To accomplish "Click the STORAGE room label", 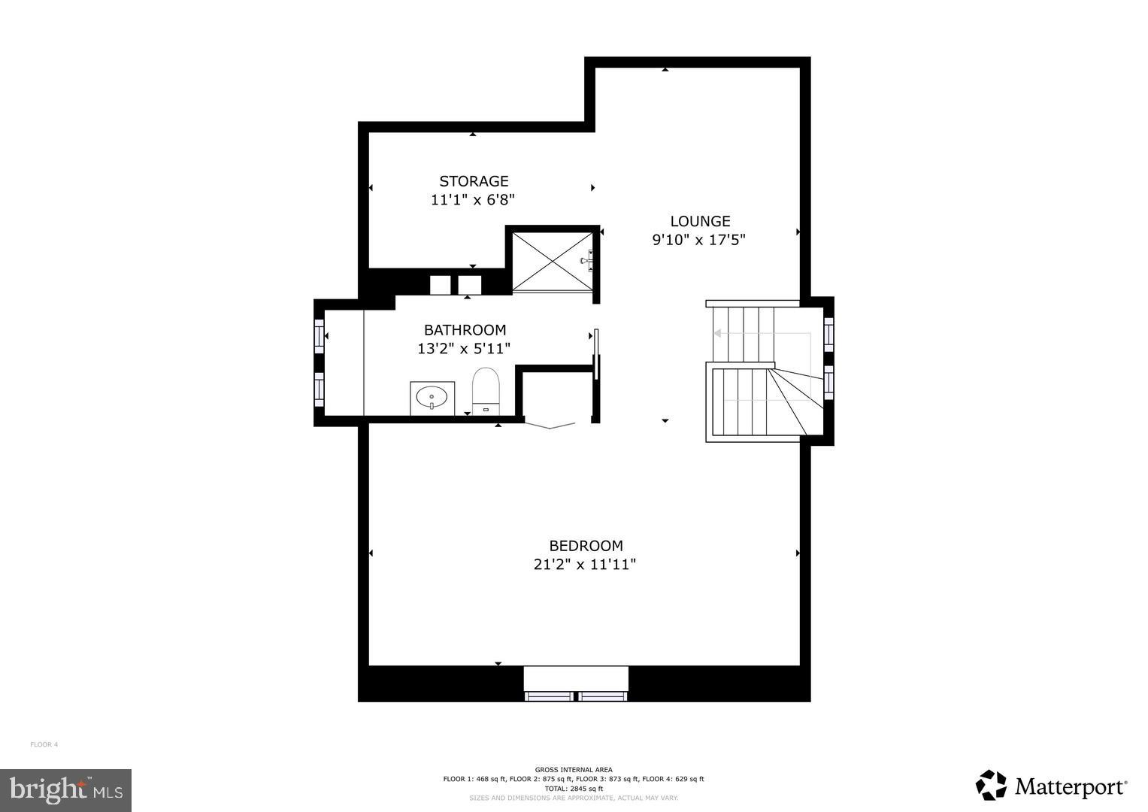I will (474, 181).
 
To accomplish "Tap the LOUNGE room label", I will (700, 221).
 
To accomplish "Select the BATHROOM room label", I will (465, 329).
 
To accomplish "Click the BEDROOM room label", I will (586, 546).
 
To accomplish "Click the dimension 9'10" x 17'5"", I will (698, 240).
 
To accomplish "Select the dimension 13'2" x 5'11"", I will (464, 349).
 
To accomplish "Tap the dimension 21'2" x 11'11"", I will (585, 565).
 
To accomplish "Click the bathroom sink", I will (432, 397).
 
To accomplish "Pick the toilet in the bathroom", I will (486, 389).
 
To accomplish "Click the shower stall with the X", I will (553, 260).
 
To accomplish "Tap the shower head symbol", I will (586, 261).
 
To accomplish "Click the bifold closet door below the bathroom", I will (551, 425).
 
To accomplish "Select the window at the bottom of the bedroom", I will (576, 695).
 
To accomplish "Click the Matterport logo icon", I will (991, 786).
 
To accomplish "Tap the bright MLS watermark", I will (66, 790).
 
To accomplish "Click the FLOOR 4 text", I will (44, 744).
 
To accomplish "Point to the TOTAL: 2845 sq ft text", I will (574, 789).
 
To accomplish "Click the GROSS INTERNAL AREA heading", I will (574, 769).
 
